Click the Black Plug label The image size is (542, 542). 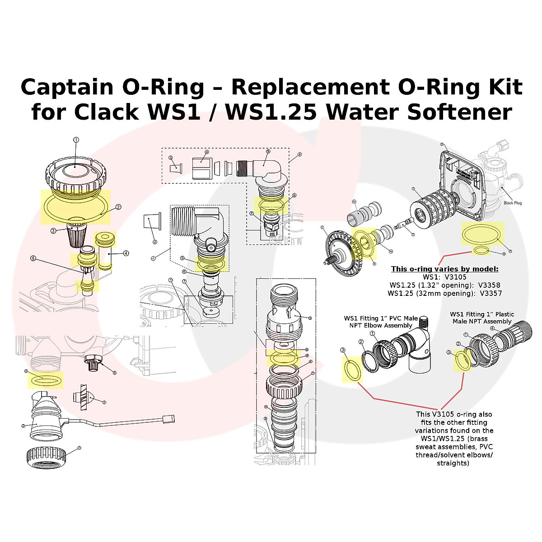pyautogui.click(x=512, y=203)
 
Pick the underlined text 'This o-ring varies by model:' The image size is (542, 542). pyautogui.click(x=444, y=269)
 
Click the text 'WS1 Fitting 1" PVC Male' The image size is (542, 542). pyautogui.click(x=380, y=318)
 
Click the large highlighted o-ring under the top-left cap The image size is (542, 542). pyautogui.click(x=75, y=207)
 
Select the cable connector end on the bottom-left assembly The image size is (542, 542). pyautogui.click(x=168, y=418)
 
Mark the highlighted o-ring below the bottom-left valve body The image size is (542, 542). pyautogui.click(x=46, y=379)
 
